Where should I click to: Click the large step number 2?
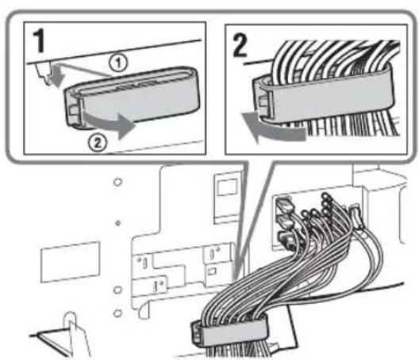(x=240, y=46)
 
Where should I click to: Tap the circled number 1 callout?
(x=117, y=63)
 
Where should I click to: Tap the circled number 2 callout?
(x=98, y=143)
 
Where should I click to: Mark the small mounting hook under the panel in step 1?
(x=44, y=74)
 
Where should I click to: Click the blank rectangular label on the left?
(x=71, y=262)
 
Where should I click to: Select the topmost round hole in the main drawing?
(x=117, y=182)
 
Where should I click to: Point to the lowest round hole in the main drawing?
(x=117, y=313)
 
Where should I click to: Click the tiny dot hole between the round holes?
(x=117, y=223)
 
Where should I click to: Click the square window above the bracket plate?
(x=227, y=187)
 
